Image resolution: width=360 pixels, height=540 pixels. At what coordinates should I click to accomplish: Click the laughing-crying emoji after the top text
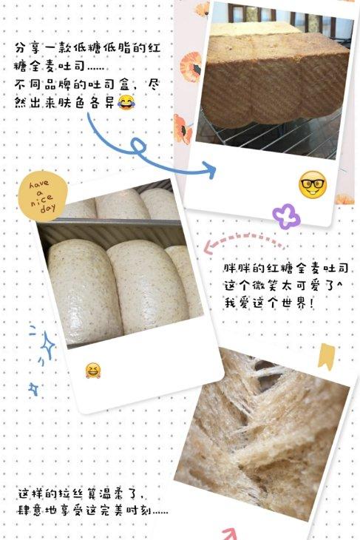click(x=126, y=100)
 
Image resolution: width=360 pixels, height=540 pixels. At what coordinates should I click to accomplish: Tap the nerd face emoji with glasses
click(x=312, y=184)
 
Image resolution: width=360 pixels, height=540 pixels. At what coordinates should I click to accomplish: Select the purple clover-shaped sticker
click(x=285, y=216)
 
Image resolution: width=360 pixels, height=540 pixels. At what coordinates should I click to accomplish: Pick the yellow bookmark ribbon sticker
click(x=325, y=357)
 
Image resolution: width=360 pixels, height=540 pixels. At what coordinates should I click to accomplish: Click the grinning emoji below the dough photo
click(x=93, y=369)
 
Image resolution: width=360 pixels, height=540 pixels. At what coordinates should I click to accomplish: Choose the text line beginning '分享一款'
click(x=97, y=47)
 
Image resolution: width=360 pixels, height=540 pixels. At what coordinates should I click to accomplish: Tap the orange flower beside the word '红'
click(x=191, y=62)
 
